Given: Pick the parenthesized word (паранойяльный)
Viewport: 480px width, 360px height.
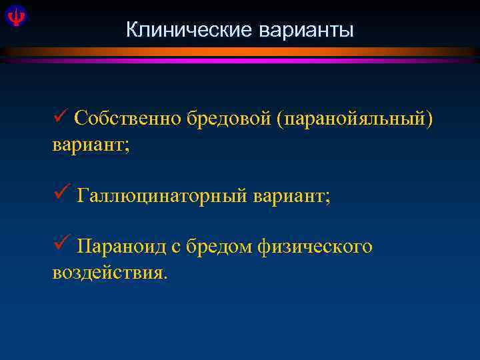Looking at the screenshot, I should [347, 119].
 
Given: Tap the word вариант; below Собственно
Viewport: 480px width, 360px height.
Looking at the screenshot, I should [91, 145].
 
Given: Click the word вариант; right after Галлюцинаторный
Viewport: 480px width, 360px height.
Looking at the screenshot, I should [291, 197].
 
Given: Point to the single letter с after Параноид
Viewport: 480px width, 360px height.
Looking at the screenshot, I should [176, 248].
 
